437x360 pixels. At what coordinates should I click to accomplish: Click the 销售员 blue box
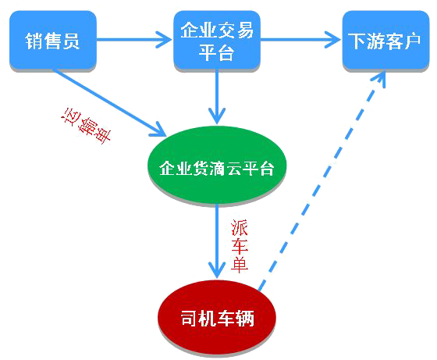tap(53, 40)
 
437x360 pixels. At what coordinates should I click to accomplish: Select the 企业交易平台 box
tap(217, 40)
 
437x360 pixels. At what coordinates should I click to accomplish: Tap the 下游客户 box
tap(385, 40)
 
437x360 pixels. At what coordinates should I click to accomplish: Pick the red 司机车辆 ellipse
tap(217, 317)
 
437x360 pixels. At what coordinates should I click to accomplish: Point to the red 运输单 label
tap(86, 126)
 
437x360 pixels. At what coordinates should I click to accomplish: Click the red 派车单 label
tap(239, 246)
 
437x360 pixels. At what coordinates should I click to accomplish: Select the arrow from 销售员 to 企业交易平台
tap(134, 40)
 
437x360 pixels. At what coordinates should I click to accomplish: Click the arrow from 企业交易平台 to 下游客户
tap(301, 40)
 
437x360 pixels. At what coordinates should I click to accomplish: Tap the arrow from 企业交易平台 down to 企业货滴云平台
tap(217, 97)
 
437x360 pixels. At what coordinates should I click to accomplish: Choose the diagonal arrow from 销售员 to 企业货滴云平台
tap(110, 103)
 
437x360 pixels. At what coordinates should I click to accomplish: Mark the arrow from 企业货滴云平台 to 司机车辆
tap(217, 241)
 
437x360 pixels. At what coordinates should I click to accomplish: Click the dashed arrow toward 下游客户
tap(322, 180)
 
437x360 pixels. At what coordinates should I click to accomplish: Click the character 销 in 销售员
tap(34, 41)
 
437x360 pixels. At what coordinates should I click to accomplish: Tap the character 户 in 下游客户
tap(411, 41)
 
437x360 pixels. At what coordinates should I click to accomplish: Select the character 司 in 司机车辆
tap(190, 318)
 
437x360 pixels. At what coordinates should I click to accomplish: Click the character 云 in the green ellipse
tap(233, 168)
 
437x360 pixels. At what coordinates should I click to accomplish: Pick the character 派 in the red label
tap(239, 228)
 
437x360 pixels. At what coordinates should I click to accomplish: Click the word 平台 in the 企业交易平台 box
tap(216, 52)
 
